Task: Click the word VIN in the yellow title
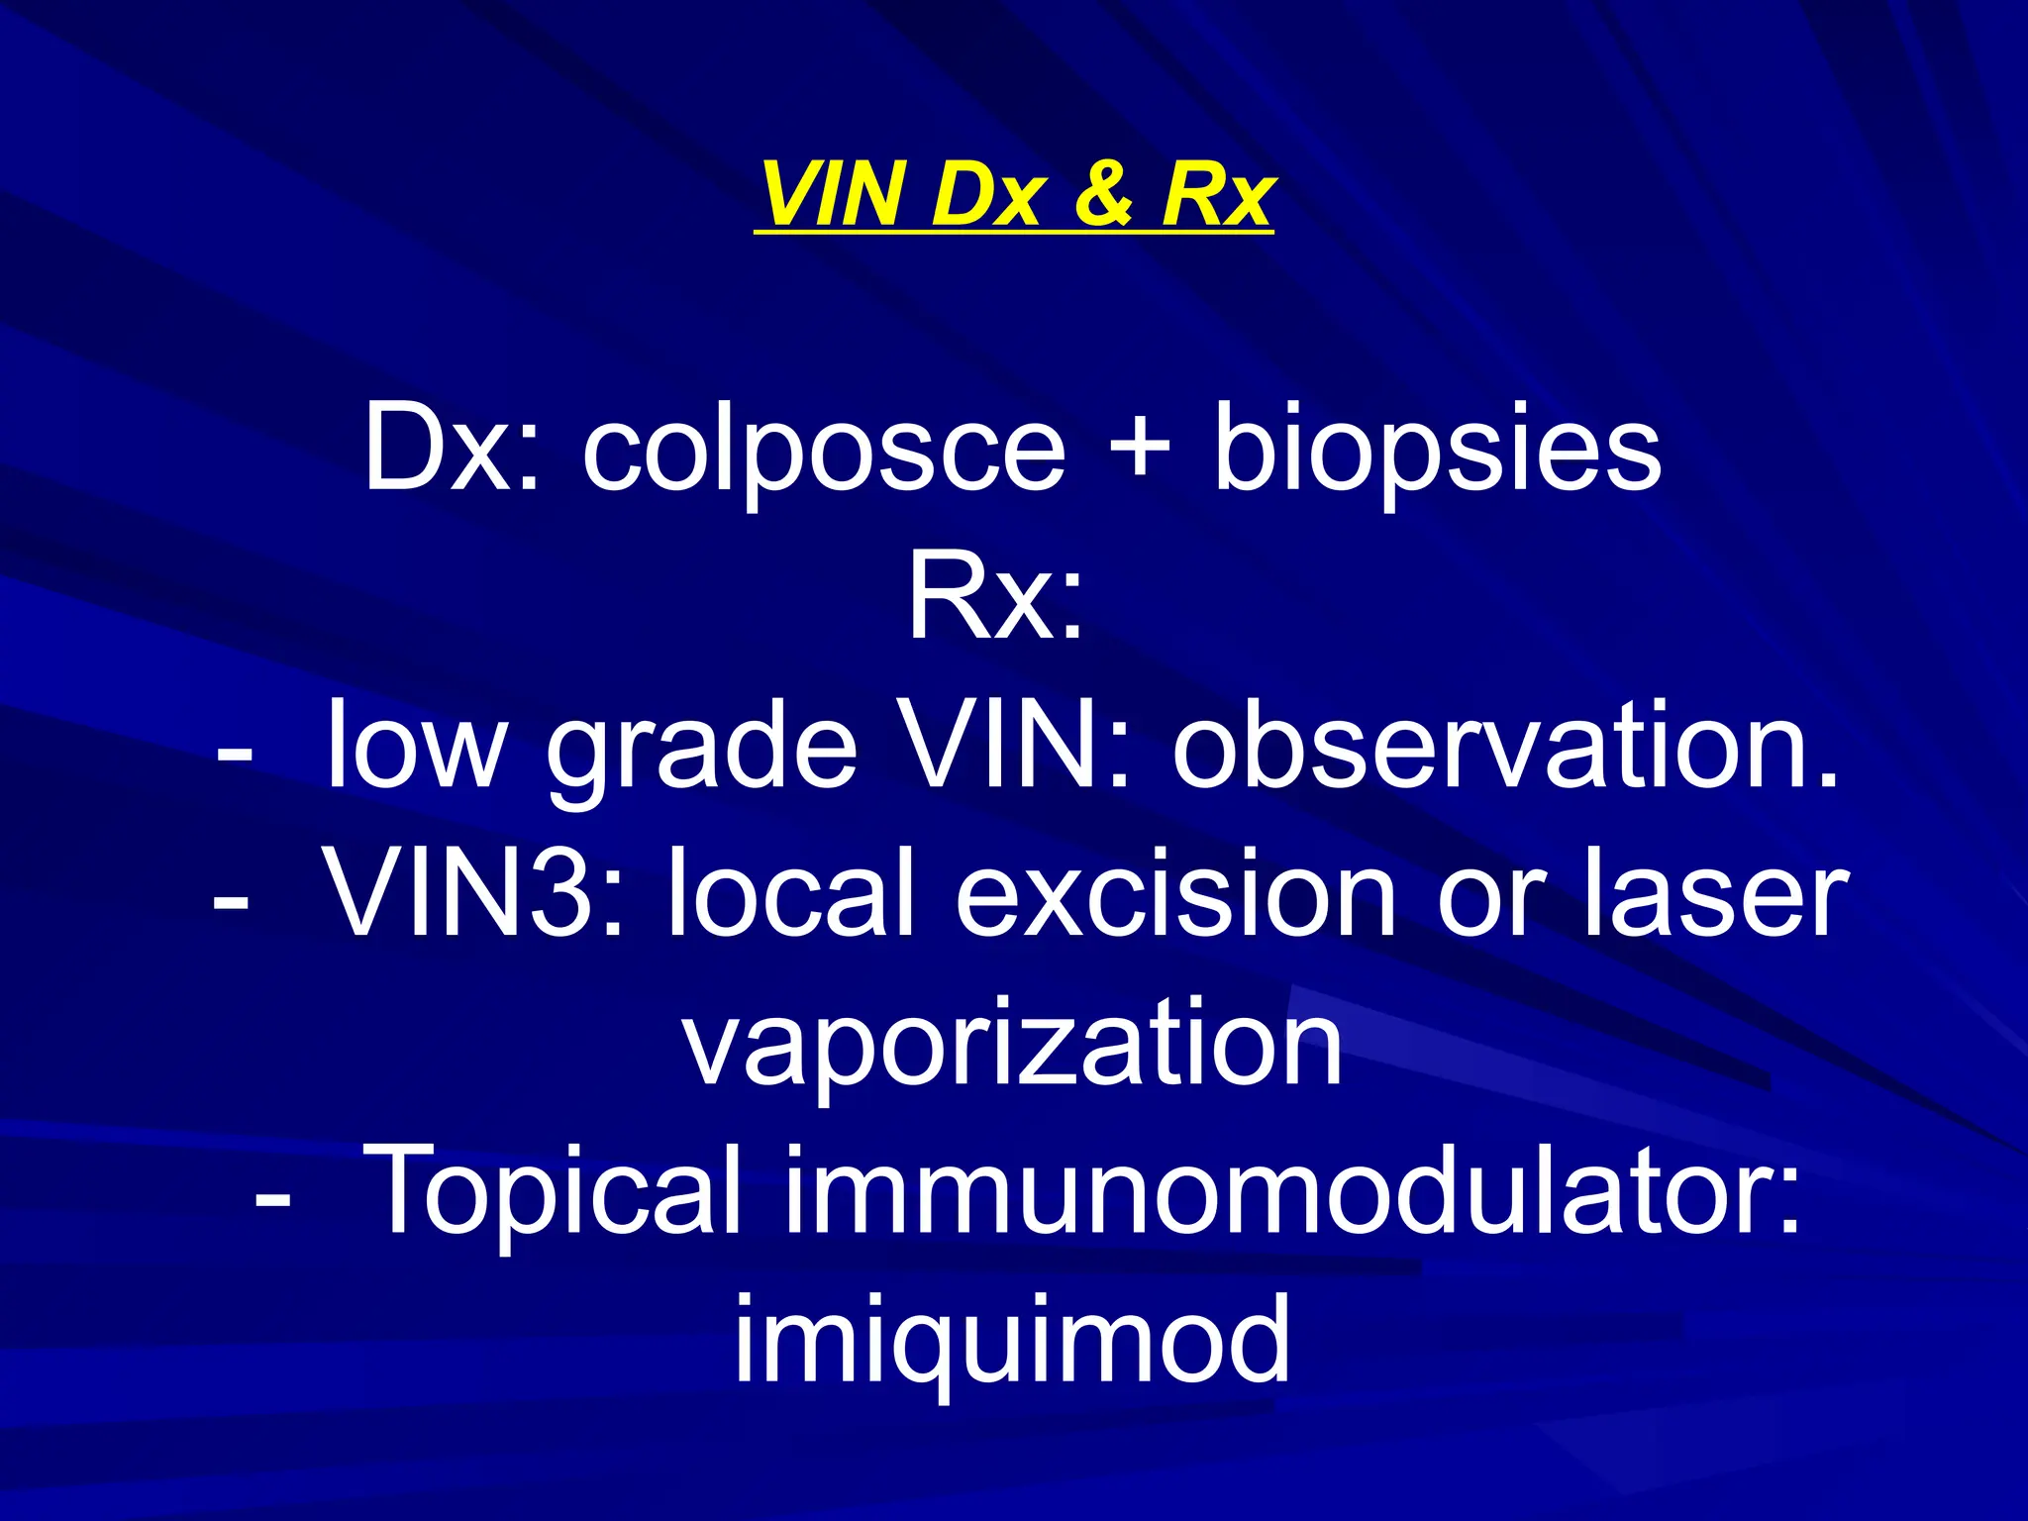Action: click(x=834, y=194)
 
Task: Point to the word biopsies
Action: click(x=1437, y=452)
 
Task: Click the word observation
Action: click(x=1505, y=747)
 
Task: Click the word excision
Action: click(x=1175, y=895)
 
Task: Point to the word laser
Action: click(x=1715, y=897)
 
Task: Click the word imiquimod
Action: click(x=1012, y=1343)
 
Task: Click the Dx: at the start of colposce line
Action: click(x=451, y=452)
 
